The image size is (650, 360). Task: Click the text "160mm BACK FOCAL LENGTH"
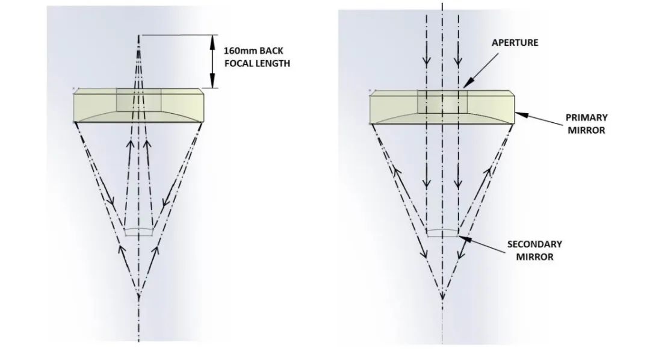click(x=256, y=57)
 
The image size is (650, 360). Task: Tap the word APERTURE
click(x=515, y=43)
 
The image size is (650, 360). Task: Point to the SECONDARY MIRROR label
click(x=534, y=250)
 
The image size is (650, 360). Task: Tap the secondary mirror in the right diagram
click(x=442, y=232)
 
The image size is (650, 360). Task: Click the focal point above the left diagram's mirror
click(x=139, y=37)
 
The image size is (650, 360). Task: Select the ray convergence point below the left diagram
click(x=139, y=295)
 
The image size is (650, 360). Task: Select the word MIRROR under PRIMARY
click(x=587, y=129)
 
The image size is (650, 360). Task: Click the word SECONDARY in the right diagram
click(x=534, y=244)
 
